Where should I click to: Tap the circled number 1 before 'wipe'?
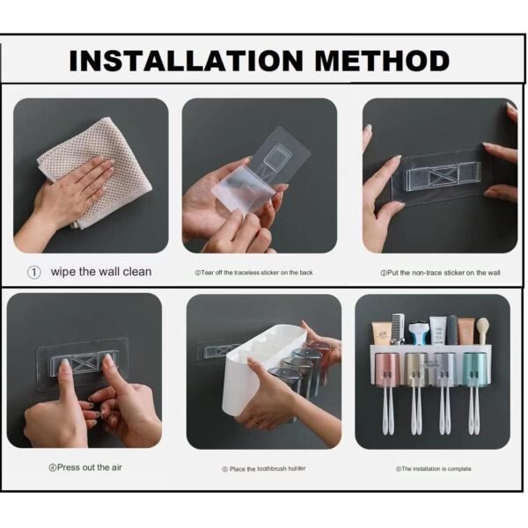point(34,272)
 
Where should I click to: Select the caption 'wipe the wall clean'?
point(100,272)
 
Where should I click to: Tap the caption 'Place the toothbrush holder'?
point(263,468)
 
